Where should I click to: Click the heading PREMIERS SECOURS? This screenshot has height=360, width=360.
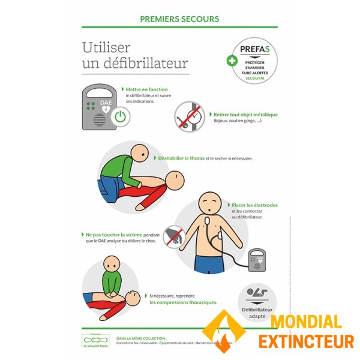179,19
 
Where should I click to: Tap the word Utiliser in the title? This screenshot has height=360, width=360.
106,47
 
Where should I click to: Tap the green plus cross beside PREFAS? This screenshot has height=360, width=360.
231,59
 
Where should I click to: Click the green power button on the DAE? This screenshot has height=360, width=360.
121,116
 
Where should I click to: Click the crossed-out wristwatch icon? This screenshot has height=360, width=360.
189,116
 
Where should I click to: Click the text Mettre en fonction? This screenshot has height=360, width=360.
146,89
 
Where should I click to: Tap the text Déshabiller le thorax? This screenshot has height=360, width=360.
181,158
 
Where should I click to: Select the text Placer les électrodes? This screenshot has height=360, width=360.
254,205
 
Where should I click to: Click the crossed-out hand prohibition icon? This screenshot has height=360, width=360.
173,236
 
